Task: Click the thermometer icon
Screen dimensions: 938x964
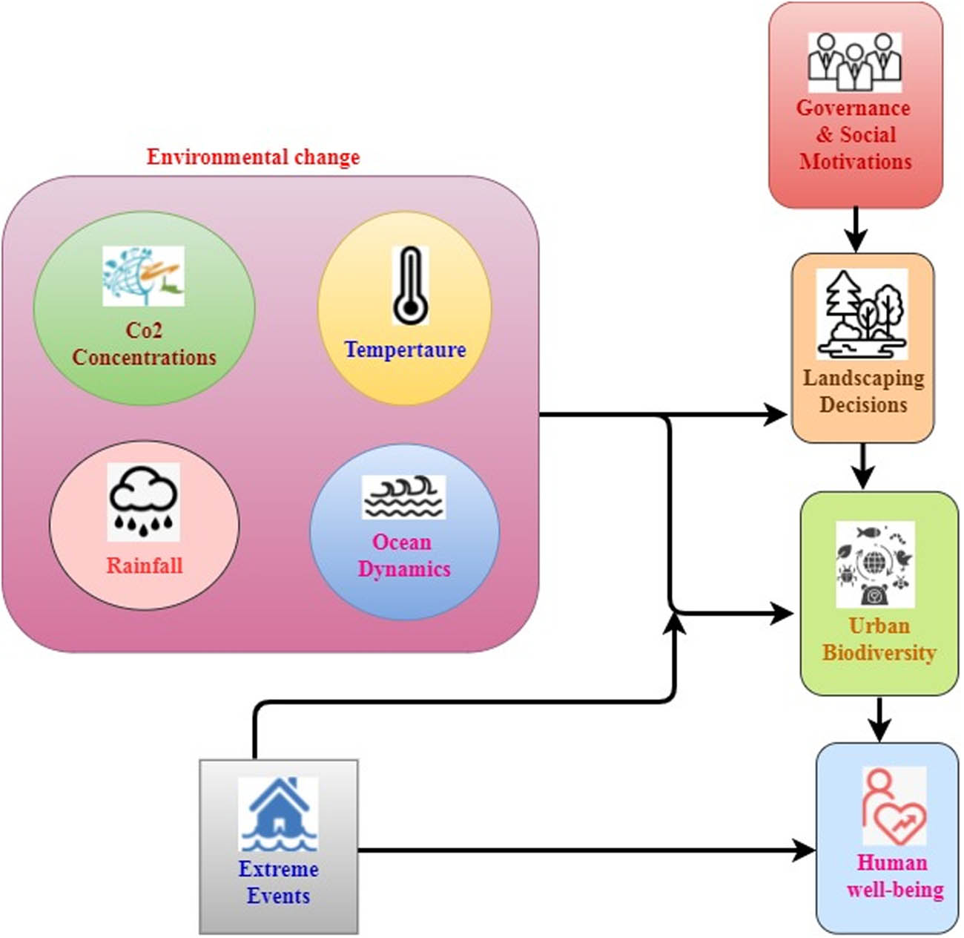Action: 410,286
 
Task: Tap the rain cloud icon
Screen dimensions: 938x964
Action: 144,502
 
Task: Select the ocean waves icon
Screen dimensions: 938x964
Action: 404,496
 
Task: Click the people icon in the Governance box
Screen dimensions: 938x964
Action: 854,62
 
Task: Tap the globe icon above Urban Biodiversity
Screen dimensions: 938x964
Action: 875,565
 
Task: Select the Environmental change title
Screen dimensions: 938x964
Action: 253,157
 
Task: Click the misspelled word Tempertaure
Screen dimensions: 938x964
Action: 405,350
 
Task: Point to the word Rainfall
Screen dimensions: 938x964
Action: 145,565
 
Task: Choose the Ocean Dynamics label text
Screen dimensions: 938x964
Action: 403,555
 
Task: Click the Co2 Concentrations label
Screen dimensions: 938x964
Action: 145,344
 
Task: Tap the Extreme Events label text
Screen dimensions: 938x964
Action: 279,882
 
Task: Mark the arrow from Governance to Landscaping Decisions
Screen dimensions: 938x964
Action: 856,230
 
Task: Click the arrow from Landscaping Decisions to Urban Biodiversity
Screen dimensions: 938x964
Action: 863,467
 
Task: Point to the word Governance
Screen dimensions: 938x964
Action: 854,108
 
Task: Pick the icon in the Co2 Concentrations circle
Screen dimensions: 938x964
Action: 143,276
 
